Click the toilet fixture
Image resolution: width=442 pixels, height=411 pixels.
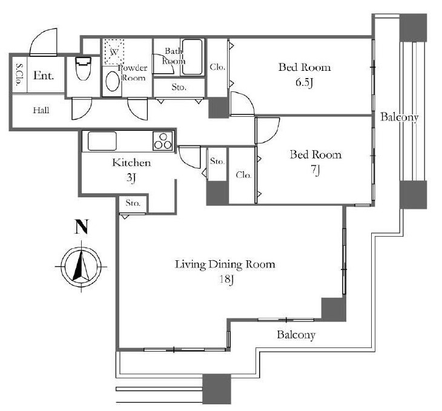tap(83, 68)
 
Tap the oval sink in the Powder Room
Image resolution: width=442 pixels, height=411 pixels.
tap(112, 82)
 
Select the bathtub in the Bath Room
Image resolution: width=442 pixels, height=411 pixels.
tap(192, 57)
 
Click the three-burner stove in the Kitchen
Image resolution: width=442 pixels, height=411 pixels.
tap(163, 140)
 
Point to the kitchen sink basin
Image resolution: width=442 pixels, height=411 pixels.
tap(102, 141)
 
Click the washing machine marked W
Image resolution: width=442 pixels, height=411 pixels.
tap(114, 52)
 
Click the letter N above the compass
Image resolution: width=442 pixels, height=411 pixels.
tap(82, 227)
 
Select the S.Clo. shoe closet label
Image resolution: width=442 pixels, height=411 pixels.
tap(20, 74)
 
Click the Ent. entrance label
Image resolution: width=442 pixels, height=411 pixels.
tap(44, 75)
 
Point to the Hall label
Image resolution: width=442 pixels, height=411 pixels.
tap(41, 110)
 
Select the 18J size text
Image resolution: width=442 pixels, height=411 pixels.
tap(226, 280)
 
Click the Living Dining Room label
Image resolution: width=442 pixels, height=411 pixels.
tap(225, 265)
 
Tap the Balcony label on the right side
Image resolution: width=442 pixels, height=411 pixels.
tap(399, 117)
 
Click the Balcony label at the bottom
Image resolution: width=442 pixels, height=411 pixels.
tap(296, 335)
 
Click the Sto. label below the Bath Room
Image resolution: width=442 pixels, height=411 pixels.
tap(179, 87)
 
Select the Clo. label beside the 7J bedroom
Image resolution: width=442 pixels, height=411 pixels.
tap(243, 175)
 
